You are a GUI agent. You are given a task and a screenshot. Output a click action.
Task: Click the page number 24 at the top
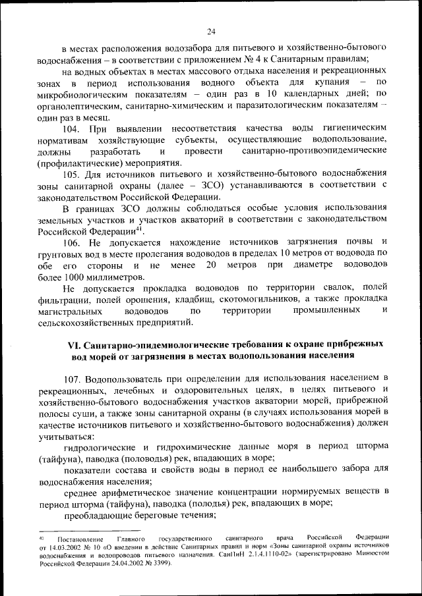pos(211,31)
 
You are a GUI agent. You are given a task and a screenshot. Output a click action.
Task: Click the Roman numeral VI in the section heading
pos(75,345)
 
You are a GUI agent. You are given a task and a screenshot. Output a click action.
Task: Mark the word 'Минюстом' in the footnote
pos(369,555)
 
